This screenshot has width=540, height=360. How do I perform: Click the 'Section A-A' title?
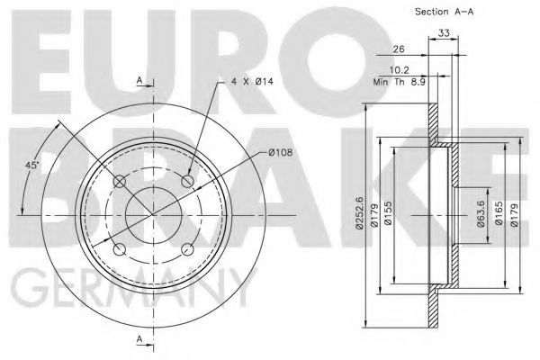[x=444, y=12]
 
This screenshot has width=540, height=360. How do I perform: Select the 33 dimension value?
[x=444, y=33]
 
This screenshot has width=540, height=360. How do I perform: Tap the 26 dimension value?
[x=399, y=49]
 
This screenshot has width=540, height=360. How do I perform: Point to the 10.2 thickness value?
[x=399, y=70]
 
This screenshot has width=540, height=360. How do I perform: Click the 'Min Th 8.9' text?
[x=400, y=82]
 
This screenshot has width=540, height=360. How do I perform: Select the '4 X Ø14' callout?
[x=252, y=82]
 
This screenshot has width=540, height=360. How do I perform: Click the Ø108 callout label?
[x=280, y=152]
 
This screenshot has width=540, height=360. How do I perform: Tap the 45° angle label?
[x=32, y=165]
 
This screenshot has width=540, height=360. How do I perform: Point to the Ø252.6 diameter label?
[x=359, y=213]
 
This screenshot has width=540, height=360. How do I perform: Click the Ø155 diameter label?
[x=388, y=213]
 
